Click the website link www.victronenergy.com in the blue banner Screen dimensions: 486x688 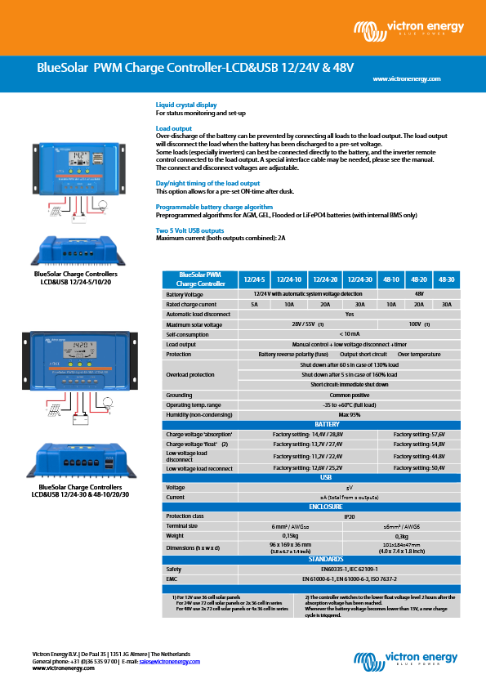(406, 78)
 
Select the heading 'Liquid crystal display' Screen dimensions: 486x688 (186, 105)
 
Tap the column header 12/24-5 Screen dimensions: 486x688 (255, 279)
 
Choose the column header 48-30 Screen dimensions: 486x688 (446, 279)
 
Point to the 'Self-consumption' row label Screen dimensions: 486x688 (182, 334)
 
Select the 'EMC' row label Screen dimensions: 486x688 (172, 579)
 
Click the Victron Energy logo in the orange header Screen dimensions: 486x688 (408, 30)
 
